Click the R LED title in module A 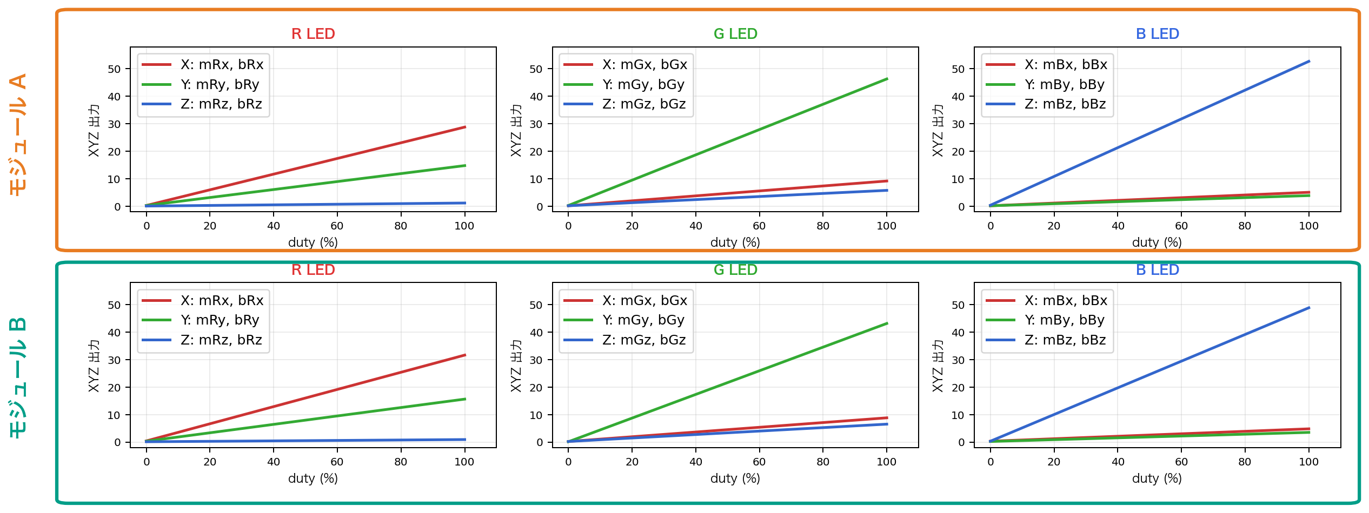[x=313, y=34]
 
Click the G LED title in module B [x=735, y=270]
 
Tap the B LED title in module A [x=1157, y=34]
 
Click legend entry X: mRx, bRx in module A [x=222, y=65]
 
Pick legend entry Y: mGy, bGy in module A [x=643, y=85]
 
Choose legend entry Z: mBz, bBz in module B [x=1065, y=340]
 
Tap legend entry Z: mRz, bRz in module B [x=221, y=340]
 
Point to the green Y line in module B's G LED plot [x=727, y=383]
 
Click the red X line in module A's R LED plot [x=305, y=166]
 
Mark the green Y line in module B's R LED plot [x=305, y=420]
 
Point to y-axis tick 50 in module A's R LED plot [x=114, y=69]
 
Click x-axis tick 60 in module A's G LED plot [x=759, y=226]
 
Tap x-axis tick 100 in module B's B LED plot [x=1308, y=462]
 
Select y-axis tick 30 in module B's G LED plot [x=536, y=360]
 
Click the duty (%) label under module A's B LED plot [x=1157, y=242]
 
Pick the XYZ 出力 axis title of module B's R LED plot [x=94, y=366]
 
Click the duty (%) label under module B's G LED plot [x=735, y=478]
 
